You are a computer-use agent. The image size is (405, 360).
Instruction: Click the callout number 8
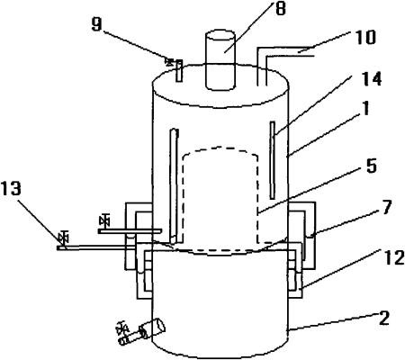click(280, 8)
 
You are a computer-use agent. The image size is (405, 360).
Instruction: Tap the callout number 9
click(97, 23)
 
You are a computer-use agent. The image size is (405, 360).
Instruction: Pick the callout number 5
click(371, 165)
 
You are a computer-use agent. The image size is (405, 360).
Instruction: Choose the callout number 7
click(387, 207)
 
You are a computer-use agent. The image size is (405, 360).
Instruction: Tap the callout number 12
click(394, 257)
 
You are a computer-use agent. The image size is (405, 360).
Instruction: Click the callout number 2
click(384, 318)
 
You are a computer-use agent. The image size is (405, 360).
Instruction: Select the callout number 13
click(11, 189)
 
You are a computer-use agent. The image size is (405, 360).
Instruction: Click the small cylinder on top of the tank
click(220, 60)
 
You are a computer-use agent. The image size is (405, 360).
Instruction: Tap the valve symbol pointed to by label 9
click(169, 62)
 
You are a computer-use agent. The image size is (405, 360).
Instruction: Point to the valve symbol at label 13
click(63, 238)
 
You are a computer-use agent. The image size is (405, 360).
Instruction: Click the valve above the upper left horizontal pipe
click(104, 220)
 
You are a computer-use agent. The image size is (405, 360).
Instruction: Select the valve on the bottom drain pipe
click(122, 328)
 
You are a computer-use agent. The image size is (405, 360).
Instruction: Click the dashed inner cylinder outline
click(220, 199)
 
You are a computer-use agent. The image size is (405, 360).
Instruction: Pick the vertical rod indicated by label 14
click(273, 160)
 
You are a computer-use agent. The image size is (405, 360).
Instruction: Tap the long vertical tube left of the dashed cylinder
click(175, 186)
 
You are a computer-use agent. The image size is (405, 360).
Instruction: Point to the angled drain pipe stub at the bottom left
click(142, 332)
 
